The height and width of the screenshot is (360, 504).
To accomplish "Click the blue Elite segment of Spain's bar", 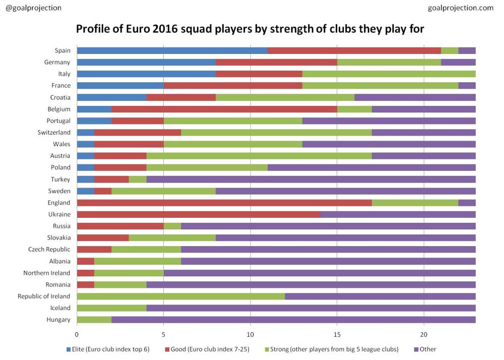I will (x=172, y=50).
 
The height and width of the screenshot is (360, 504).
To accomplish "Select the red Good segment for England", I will (x=224, y=203).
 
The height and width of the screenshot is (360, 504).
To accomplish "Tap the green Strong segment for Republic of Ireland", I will (x=180, y=296).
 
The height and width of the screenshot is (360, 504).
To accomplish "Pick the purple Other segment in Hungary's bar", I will (x=293, y=320).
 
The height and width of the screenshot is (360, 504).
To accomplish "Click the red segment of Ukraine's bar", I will (x=198, y=214).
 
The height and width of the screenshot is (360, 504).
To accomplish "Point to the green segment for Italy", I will (x=389, y=74).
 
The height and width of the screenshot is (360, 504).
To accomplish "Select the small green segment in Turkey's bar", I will (x=138, y=179).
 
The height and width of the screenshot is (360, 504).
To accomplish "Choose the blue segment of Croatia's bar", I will (x=111, y=97).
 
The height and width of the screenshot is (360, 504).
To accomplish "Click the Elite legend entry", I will (x=108, y=349).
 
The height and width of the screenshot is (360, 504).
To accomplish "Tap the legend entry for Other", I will (x=425, y=349).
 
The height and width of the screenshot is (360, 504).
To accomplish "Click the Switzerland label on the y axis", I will (x=54, y=132).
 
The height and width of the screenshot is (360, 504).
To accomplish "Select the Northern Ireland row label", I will (x=47, y=273).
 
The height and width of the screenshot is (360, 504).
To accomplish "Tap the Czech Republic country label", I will (x=49, y=250).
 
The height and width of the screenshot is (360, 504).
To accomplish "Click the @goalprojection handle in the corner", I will (x=33, y=8).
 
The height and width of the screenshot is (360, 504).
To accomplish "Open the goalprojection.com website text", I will (x=461, y=8).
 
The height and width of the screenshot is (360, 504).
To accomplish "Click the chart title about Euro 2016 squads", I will (x=250, y=29).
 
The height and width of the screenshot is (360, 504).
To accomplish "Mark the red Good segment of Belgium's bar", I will (x=224, y=109).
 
